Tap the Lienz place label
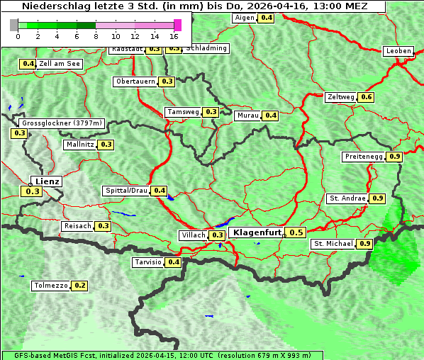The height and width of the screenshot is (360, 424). (x=47, y=181)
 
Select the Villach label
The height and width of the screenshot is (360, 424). (x=194, y=235)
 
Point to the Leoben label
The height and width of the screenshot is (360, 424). (x=398, y=51)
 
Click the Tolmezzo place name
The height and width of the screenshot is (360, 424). (x=50, y=286)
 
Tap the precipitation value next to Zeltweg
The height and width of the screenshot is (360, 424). (x=366, y=97)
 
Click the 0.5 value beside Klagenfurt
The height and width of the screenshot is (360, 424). (x=296, y=232)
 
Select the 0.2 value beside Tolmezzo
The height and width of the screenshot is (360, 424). (x=79, y=286)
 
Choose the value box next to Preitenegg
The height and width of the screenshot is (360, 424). (x=394, y=157)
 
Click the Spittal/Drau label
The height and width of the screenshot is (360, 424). (x=126, y=191)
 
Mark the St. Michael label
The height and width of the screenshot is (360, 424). (x=333, y=244)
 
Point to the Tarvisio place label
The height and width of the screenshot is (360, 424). (x=148, y=262)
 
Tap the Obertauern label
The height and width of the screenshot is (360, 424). (x=135, y=81)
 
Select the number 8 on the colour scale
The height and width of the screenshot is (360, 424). (x=96, y=35)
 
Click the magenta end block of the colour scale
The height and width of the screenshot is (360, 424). (x=177, y=25)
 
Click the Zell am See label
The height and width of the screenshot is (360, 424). (x=60, y=64)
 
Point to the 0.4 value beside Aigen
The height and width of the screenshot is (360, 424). (x=266, y=18)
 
